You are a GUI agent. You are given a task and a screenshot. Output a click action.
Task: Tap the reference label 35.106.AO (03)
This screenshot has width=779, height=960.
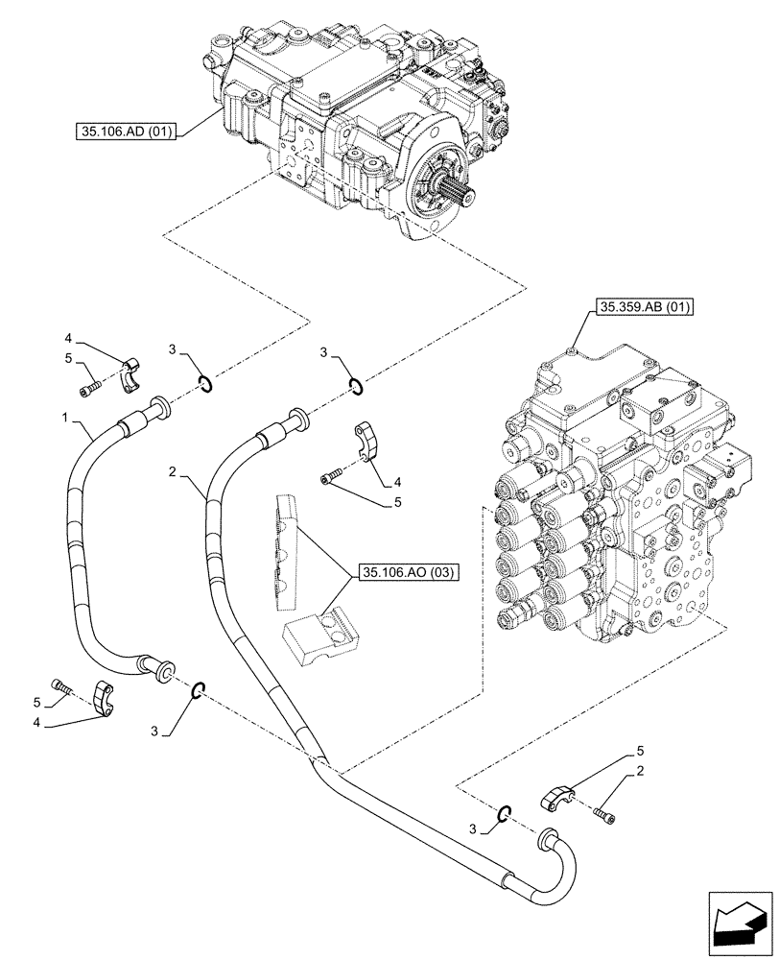tap(411, 573)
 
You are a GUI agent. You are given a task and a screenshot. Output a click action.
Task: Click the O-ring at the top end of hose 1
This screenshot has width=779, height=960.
tap(207, 386)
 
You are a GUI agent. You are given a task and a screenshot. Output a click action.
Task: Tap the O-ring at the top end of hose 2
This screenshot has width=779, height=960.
tap(355, 386)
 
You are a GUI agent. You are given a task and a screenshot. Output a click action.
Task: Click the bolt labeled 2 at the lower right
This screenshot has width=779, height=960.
tap(605, 814)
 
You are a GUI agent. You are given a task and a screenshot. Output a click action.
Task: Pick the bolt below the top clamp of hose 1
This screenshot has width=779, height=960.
tap(87, 389)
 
